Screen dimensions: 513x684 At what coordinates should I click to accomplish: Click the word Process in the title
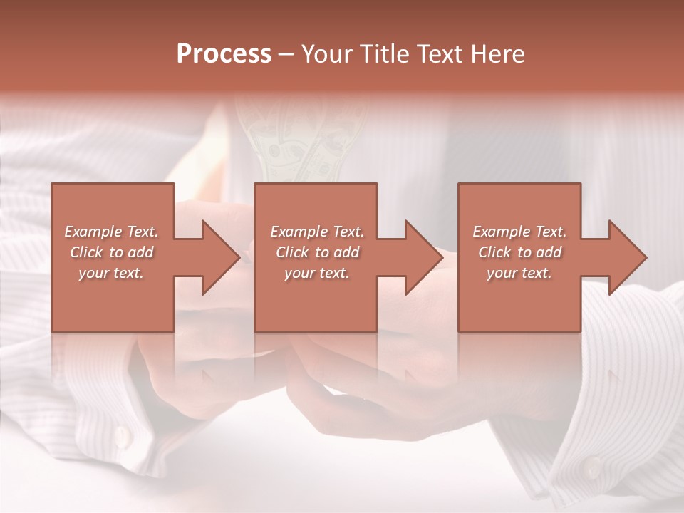point(224,54)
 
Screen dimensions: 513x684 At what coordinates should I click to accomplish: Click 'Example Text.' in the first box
point(111,232)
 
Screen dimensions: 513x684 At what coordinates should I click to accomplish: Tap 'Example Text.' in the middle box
point(316,232)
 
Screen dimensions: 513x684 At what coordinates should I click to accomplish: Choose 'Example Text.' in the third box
point(519,232)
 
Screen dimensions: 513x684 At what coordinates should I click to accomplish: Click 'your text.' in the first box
point(111,273)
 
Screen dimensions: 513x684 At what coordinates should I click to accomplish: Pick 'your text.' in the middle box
point(316,273)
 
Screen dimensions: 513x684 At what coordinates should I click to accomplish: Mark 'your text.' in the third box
point(519,273)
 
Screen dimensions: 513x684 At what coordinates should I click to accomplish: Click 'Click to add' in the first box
point(111,252)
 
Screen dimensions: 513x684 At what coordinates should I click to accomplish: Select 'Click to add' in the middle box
point(316,252)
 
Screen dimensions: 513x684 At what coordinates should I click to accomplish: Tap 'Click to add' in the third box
point(519,252)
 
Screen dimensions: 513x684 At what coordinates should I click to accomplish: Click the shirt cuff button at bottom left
point(122,435)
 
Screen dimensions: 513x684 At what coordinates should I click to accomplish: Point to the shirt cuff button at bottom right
point(591,467)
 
